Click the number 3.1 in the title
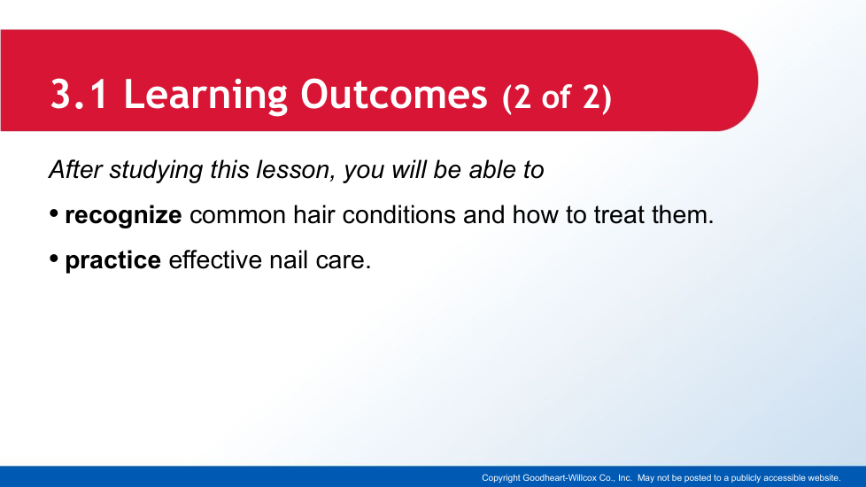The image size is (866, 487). click(79, 95)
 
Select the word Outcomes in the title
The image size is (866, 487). click(394, 95)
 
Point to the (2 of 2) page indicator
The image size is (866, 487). click(557, 97)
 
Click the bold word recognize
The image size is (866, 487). click(123, 216)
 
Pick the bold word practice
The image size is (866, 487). click(112, 260)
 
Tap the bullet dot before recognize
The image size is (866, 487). click(54, 213)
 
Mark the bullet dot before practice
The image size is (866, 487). click(54, 259)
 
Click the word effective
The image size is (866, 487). click(215, 259)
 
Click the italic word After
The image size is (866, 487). click(75, 169)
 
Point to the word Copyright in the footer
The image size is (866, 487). click(501, 478)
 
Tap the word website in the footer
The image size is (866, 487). click(823, 477)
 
